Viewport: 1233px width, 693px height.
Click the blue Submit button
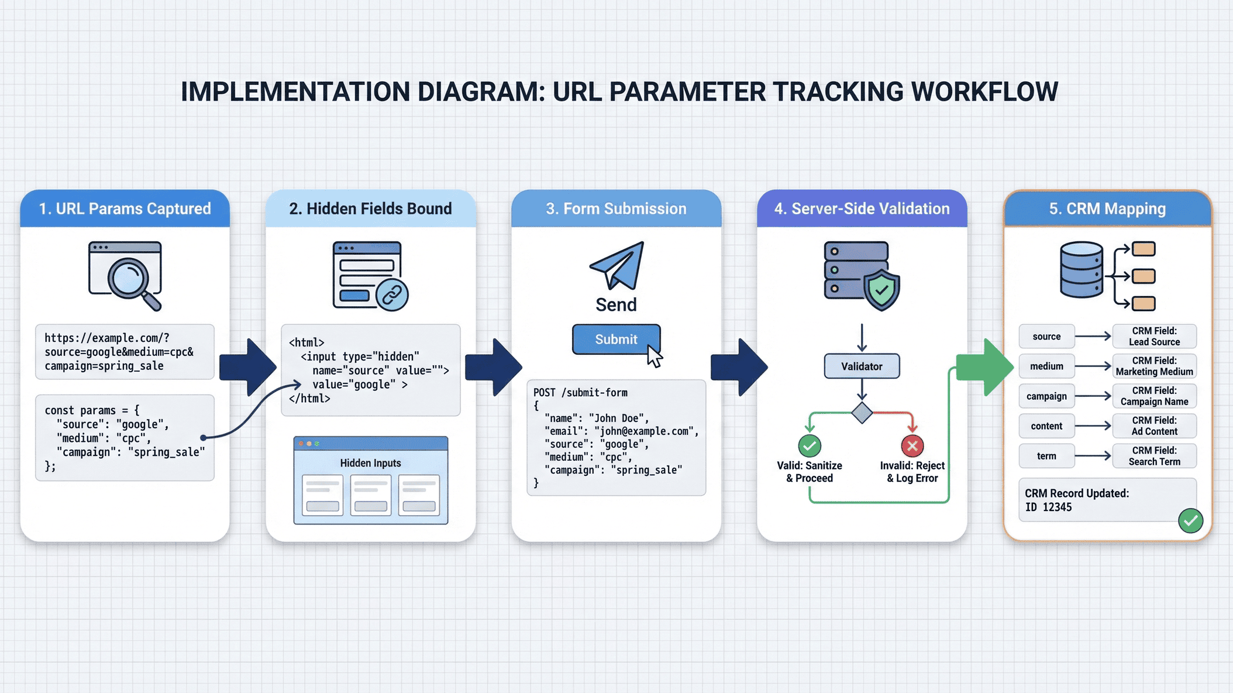[x=616, y=339]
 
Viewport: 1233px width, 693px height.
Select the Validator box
[x=862, y=366]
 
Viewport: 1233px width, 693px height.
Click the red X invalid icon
[x=912, y=446]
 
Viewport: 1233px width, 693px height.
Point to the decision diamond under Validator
[x=862, y=413]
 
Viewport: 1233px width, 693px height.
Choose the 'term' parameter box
[x=1046, y=456]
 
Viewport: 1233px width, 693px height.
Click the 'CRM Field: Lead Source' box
[x=1154, y=337]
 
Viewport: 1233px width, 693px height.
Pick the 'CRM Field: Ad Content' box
[x=1154, y=426]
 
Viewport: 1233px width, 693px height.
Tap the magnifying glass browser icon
[x=125, y=275]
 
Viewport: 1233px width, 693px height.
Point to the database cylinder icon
[x=1082, y=270]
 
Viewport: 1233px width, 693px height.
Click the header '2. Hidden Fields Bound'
[x=370, y=209]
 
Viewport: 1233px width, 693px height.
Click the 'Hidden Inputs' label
[x=370, y=463]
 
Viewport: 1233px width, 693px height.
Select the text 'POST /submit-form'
[x=580, y=393]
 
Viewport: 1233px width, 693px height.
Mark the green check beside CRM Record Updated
[x=1190, y=520]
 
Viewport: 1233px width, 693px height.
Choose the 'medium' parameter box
[x=1046, y=366]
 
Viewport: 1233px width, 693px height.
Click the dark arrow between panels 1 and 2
[x=248, y=367]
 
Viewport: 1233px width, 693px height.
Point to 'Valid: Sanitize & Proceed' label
[x=810, y=472]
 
